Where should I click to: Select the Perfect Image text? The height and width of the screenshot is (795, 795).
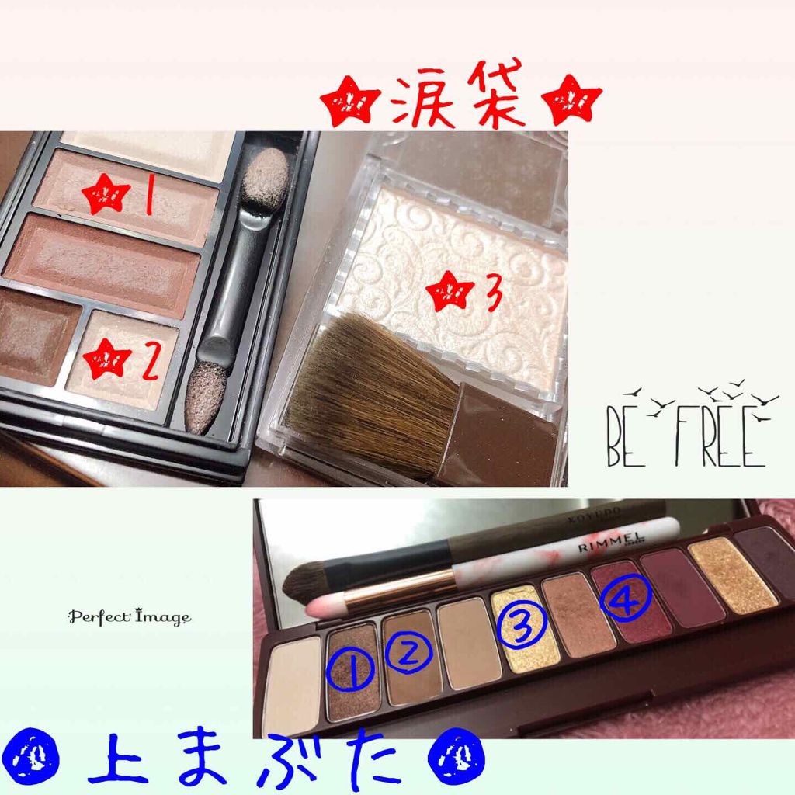(129, 617)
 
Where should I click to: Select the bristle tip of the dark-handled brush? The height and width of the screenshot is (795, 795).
(298, 582)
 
